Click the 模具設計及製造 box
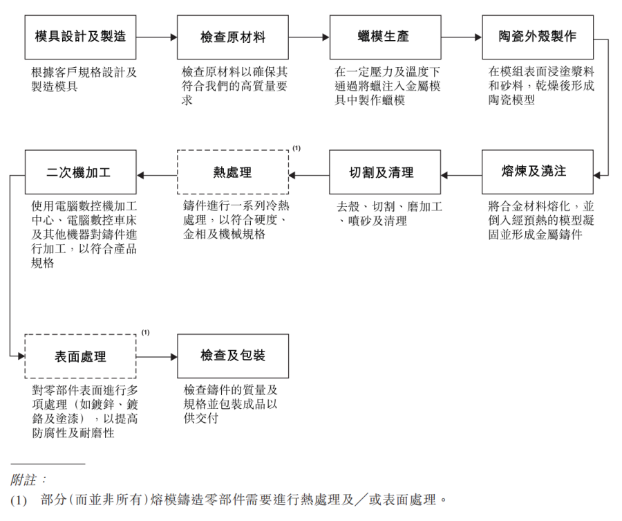pyautogui.click(x=80, y=37)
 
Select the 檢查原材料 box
pyautogui.click(x=233, y=37)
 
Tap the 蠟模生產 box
pyautogui.click(x=385, y=37)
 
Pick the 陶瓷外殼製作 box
pyautogui.click(x=538, y=37)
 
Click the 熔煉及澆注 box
pyautogui.click(x=538, y=172)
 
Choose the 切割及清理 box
pyautogui.click(x=385, y=172)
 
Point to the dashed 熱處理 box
pyautogui.click(x=233, y=172)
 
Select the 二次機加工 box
pyautogui.click(x=80, y=172)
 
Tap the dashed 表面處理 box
pyautogui.click(x=80, y=356)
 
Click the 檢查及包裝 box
pyautogui.click(x=233, y=356)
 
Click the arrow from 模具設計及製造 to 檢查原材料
pyautogui.click(x=156, y=37)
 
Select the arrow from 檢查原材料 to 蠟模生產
pyautogui.click(x=309, y=37)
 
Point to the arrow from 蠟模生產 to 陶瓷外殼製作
pyautogui.click(x=461, y=37)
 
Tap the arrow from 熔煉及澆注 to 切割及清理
pyautogui.click(x=461, y=175)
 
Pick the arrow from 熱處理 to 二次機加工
pyautogui.click(x=156, y=175)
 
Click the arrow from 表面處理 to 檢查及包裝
pyautogui.click(x=156, y=357)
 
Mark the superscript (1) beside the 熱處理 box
pyautogui.click(x=296, y=148)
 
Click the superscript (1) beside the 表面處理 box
pyautogui.click(x=145, y=333)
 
